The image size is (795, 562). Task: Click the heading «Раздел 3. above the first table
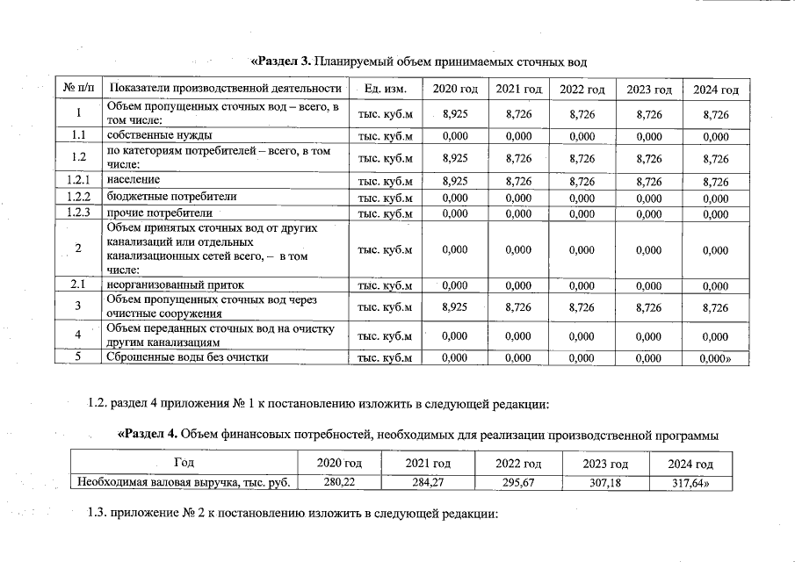[x=282, y=61]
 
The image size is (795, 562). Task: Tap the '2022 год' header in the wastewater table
[x=582, y=90]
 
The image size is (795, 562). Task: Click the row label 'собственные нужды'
[x=159, y=136]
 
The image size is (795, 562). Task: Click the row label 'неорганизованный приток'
[x=175, y=285]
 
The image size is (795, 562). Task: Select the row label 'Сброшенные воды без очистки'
[x=187, y=357]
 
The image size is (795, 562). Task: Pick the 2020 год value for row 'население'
[x=454, y=181]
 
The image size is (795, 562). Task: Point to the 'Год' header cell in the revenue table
[x=184, y=464]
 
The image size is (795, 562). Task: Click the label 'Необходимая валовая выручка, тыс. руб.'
[x=184, y=481]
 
